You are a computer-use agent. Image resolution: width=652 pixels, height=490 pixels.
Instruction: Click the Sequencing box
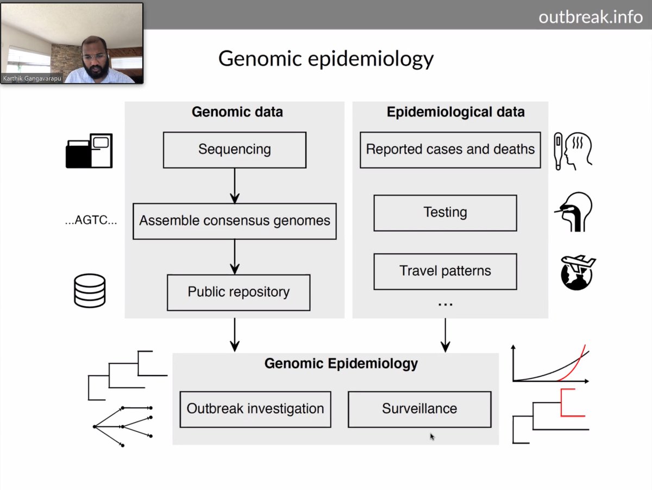(x=235, y=150)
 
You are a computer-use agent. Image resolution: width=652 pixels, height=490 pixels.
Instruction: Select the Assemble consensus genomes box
(x=235, y=221)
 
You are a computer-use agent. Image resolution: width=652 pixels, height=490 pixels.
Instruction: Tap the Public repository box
(x=239, y=292)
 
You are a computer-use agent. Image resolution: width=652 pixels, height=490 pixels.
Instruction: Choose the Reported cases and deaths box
(x=450, y=150)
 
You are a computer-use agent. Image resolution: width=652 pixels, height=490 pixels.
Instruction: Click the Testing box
(x=445, y=213)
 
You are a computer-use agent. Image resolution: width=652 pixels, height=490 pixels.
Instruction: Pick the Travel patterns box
(x=445, y=271)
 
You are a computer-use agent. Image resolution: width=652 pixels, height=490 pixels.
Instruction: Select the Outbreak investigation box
(x=255, y=409)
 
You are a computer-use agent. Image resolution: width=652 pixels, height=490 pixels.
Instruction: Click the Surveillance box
(x=419, y=409)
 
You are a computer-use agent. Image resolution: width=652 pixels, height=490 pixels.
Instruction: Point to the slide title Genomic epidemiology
(x=326, y=59)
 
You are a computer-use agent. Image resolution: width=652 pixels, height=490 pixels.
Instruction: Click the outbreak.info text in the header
(x=591, y=17)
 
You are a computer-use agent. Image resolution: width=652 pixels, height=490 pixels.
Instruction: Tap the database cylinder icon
(x=90, y=290)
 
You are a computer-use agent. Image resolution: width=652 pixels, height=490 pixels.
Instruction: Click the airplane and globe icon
(x=578, y=272)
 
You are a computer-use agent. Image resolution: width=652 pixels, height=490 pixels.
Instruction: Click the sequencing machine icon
(x=89, y=151)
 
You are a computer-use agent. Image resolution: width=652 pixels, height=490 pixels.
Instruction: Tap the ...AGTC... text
(x=91, y=221)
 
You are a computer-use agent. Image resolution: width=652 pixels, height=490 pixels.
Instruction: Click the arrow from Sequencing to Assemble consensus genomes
(x=235, y=185)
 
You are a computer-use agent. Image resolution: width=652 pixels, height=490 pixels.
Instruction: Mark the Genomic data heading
(x=237, y=113)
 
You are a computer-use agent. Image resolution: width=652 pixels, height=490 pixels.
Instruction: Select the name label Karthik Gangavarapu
(x=33, y=78)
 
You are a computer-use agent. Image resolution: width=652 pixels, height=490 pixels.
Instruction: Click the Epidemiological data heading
(x=455, y=113)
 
